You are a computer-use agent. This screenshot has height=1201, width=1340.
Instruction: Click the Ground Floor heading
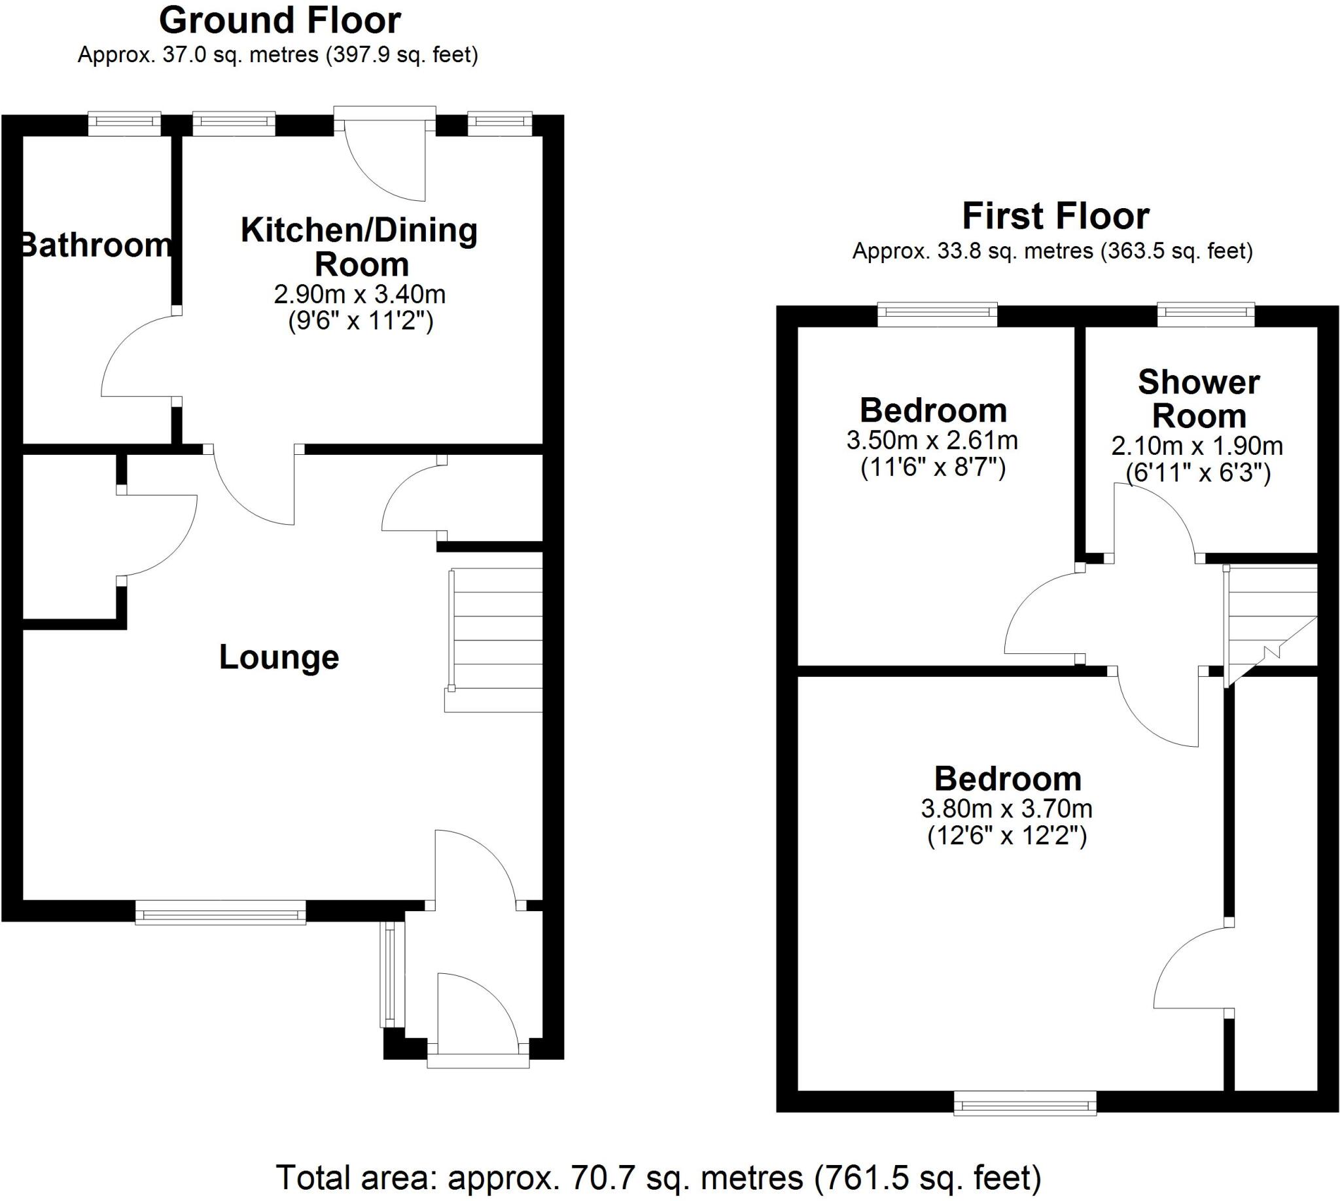[x=280, y=20]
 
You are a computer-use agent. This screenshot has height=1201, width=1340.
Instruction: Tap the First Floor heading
[x=1055, y=217]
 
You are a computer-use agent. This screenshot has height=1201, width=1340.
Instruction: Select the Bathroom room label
[x=96, y=245]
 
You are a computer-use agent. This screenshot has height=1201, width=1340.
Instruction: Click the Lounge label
[x=279, y=657]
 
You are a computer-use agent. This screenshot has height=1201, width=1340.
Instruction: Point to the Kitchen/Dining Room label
[x=360, y=247]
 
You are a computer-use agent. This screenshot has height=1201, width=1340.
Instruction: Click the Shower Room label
[x=1198, y=399]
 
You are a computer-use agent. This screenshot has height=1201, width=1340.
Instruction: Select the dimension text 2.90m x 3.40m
[x=360, y=295]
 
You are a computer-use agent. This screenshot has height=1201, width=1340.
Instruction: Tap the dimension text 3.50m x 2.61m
[x=932, y=440]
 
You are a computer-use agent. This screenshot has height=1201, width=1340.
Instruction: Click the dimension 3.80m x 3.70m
[x=1007, y=808]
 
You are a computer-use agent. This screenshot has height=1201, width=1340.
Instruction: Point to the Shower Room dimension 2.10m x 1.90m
[x=1197, y=446]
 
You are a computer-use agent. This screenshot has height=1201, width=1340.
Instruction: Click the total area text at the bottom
[x=658, y=1177]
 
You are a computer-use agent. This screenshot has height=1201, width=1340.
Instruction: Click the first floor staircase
[x=1270, y=620]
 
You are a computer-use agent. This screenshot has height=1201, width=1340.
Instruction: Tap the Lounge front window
[x=220, y=913]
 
